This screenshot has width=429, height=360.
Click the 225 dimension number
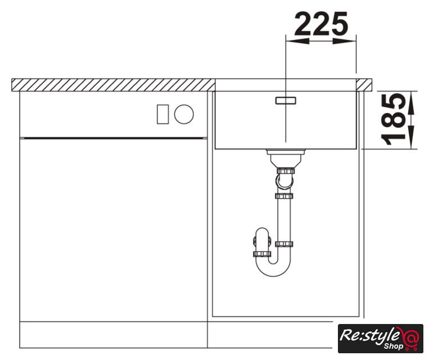321,24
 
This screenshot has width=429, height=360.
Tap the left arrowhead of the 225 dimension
297,41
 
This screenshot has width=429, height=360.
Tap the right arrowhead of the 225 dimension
345,41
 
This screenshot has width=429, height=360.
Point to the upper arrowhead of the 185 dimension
411,103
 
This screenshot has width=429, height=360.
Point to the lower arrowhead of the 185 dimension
411,137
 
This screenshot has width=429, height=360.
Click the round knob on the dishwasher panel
184,114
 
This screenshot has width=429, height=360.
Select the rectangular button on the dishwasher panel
162,114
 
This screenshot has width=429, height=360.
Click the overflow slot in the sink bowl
286,101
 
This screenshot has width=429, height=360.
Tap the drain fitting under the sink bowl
286,158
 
